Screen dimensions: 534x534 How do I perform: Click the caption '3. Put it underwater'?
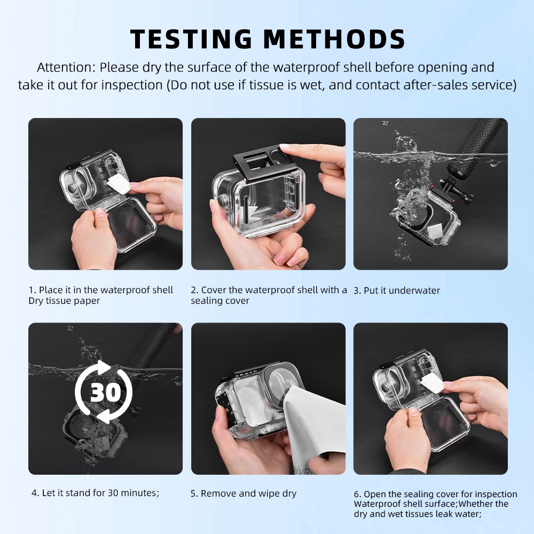point(397,290)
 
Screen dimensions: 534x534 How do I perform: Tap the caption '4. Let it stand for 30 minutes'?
point(95,493)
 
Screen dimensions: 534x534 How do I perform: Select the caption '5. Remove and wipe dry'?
point(244,493)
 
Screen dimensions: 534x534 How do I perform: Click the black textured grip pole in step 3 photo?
point(481,139)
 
